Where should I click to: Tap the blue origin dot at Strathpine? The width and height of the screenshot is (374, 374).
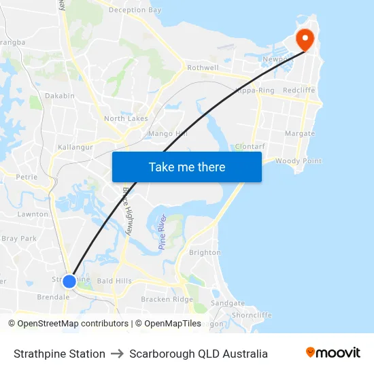69,280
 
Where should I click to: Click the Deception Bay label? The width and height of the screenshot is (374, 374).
135,10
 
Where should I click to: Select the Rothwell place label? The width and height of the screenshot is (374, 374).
203,68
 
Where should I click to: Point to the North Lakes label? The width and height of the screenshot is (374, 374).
126,118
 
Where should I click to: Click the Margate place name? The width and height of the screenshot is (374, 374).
300,133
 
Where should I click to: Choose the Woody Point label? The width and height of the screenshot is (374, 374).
298,161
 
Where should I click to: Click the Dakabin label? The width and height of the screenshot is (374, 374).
60,96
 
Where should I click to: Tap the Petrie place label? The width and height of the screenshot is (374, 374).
27,177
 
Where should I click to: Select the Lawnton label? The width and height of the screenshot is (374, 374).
33,214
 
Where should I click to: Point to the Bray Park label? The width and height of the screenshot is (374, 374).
19,239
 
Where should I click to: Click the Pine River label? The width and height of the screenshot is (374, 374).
163,232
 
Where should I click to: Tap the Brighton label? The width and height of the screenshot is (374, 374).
205,252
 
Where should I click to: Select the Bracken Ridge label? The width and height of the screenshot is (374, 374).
167,299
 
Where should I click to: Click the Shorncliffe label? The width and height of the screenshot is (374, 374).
252,315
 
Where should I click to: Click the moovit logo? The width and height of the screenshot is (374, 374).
333,353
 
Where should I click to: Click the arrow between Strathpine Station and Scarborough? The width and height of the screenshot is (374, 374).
117,354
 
